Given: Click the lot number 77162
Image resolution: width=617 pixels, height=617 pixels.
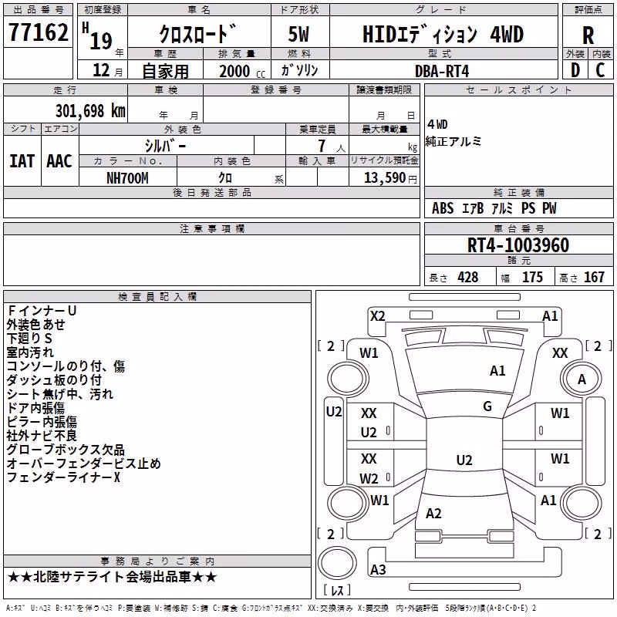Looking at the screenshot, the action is (38, 32).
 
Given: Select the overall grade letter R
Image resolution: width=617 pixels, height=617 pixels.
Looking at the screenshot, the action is (588, 35).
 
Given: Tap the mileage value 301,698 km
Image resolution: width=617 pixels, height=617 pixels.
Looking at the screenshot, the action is (90, 111).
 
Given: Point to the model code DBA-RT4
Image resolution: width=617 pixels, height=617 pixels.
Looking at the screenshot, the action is (442, 71).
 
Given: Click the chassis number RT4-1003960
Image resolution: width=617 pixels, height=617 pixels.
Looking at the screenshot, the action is (518, 245).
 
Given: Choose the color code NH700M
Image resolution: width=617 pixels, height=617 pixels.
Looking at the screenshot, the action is (127, 178).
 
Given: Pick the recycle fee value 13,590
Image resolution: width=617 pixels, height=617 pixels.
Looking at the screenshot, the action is (384, 178).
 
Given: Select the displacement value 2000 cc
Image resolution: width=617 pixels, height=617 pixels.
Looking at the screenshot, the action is (242, 71).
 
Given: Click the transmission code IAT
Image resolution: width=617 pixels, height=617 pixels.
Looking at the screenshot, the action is (22, 161).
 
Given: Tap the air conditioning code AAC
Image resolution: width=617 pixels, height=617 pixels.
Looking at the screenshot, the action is (59, 161).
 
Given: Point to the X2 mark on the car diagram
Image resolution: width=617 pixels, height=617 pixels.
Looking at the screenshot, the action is (377, 316).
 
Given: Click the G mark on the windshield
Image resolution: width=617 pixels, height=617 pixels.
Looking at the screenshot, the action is (487, 406).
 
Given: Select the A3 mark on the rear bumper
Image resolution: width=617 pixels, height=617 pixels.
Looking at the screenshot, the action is (378, 569).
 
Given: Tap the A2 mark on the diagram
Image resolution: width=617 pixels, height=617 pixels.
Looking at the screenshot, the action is (433, 513).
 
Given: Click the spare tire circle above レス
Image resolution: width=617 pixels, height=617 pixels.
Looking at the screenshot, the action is (337, 562).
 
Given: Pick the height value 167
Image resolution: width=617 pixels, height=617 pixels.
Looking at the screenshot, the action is (594, 277).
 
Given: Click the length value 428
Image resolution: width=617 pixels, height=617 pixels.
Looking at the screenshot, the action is (468, 277).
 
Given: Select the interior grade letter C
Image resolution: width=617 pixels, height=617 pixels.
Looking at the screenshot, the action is (600, 70).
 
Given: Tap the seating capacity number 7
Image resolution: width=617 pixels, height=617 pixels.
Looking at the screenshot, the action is (322, 146).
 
